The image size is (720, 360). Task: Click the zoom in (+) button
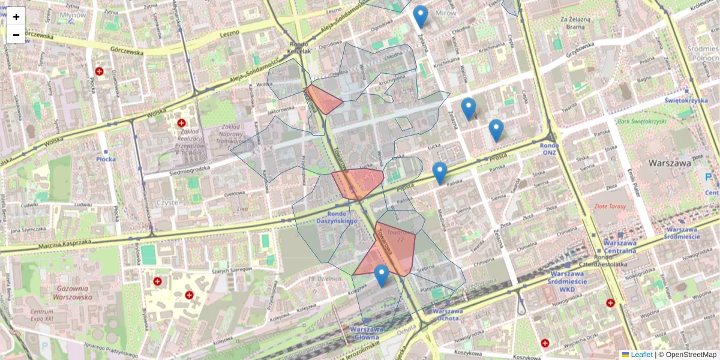pyautogui.click(x=16, y=17)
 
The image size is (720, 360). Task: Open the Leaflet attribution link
pyautogui.click(x=641, y=355)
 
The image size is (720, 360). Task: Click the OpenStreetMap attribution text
pyautogui.click(x=691, y=355)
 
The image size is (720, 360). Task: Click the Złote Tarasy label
pyautogui.click(x=610, y=206)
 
